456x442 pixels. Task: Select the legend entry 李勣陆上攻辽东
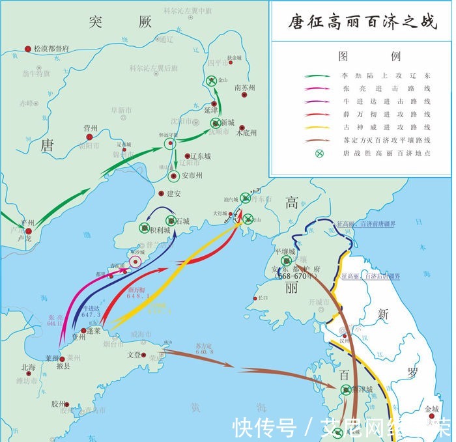[386, 76]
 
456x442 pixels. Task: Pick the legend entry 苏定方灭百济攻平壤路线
[386, 140]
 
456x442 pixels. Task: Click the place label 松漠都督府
[51, 49]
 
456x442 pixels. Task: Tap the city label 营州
[90, 129]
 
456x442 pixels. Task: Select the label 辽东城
[198, 157]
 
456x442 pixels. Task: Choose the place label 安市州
[191, 176]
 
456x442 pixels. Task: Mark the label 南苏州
[245, 87]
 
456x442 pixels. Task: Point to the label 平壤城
[284, 251]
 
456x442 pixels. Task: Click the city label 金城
[432, 409]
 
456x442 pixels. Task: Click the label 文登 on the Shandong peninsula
[134, 355]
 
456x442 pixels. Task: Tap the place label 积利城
[160, 230]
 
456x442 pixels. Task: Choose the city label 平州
[27, 223]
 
